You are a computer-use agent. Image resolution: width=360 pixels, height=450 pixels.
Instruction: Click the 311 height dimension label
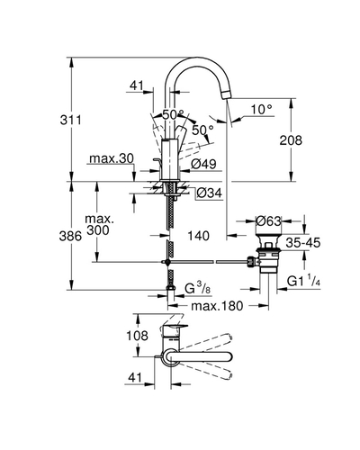point(71,120)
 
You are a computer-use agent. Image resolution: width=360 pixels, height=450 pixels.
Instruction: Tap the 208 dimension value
point(291,140)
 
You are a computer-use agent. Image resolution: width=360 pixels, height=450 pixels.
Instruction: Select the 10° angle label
point(262,109)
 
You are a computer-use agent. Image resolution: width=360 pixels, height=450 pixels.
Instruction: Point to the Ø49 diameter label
point(203,164)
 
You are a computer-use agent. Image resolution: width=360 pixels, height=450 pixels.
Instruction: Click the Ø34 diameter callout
point(210,193)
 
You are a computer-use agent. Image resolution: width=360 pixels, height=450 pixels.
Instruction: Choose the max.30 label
point(112,158)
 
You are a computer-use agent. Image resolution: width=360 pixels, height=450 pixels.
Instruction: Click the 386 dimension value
point(70,236)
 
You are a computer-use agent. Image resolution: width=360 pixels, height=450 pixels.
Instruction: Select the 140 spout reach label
point(198,236)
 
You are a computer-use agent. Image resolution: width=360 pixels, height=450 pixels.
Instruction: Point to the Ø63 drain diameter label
point(269,221)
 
